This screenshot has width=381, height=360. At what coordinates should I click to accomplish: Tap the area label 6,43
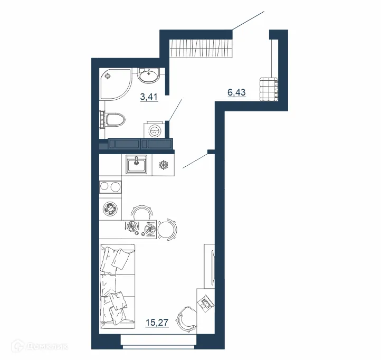point(236,93)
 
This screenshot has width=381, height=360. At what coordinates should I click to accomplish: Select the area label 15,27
point(157,321)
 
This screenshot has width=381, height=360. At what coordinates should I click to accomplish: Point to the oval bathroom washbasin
point(151,75)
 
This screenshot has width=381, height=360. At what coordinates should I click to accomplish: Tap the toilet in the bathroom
point(114,119)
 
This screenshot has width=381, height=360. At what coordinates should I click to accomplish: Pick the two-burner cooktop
point(110,186)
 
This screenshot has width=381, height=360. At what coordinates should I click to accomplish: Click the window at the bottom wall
point(159,346)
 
